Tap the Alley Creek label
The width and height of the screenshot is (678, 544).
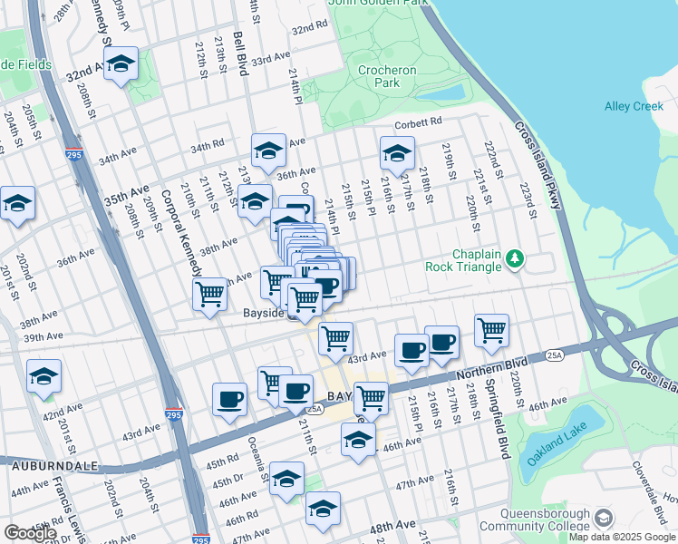634,106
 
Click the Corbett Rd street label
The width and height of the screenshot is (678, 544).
417,121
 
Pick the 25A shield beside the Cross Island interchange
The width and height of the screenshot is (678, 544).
554,356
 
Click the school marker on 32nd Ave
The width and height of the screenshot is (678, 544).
120,63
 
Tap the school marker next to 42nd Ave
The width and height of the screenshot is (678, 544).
44,376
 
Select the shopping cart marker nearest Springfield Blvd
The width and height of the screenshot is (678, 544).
491,330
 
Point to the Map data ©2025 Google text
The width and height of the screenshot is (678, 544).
621,537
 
